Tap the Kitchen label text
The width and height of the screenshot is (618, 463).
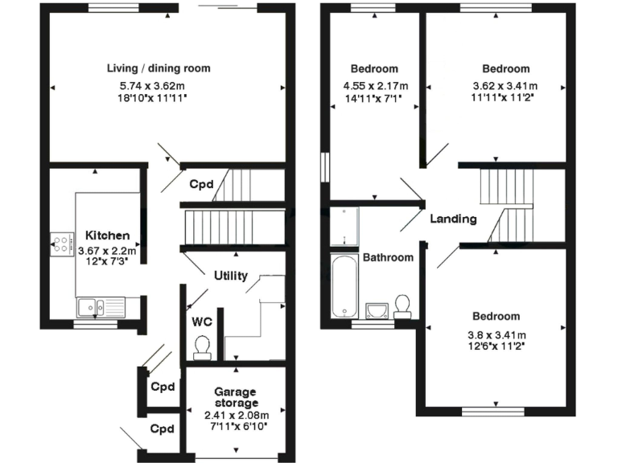click(108, 236)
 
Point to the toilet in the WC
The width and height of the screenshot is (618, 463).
click(203, 346)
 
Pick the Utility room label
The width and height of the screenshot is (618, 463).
click(230, 276)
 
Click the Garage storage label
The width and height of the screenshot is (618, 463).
click(236, 397)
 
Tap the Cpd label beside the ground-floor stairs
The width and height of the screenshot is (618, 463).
click(201, 184)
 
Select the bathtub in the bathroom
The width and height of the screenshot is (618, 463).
click(344, 286)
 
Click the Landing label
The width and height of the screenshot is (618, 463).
click(453, 219)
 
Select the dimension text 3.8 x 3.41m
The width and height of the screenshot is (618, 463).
click(495, 335)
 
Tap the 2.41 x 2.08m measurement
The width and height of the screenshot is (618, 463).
click(236, 415)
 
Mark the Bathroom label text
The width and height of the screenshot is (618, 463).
click(388, 258)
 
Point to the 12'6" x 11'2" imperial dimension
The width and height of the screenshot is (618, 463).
click(495, 347)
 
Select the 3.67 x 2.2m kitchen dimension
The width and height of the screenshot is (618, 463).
click(108, 250)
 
